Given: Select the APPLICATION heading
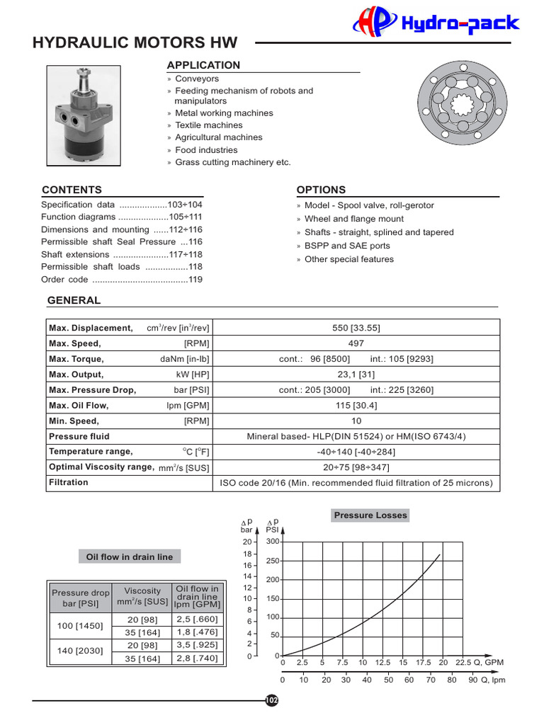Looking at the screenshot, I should click(203, 65).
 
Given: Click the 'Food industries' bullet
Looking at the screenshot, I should click(206, 150).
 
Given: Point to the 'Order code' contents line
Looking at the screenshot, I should click(122, 280).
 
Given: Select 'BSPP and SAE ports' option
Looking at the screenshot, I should click(347, 246).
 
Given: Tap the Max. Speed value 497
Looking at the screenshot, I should click(356, 343).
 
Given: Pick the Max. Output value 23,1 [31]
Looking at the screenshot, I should click(356, 375).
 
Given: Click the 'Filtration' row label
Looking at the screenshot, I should click(69, 483).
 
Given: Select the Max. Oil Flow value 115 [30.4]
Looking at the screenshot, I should click(356, 406).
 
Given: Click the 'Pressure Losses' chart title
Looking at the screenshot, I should click(370, 515).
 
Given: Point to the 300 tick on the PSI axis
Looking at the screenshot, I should click(273, 542).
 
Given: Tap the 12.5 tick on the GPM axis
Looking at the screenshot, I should click(382, 663).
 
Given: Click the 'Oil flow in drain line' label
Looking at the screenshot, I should click(129, 557).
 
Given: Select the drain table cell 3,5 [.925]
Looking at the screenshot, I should click(197, 646).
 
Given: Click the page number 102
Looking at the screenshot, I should click(272, 700).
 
